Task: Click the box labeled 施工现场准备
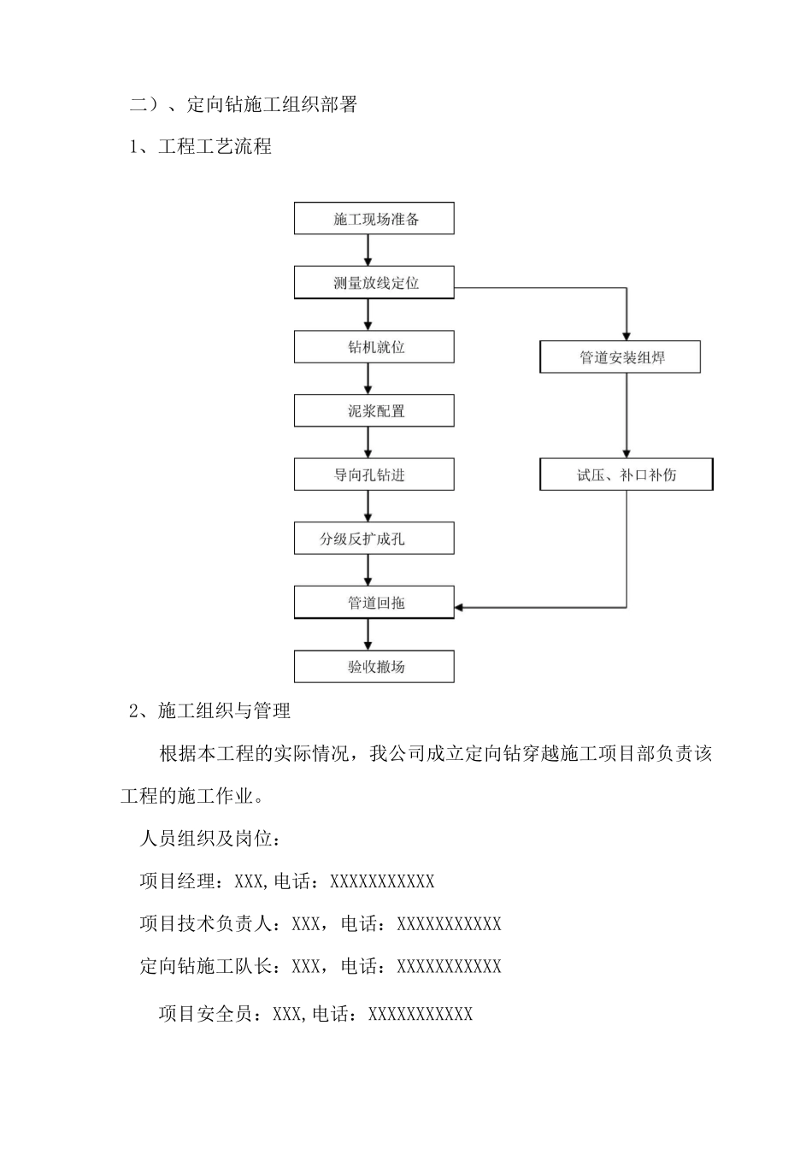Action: [x=374, y=219]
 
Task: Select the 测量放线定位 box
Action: [x=374, y=283]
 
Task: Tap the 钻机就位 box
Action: [x=374, y=347]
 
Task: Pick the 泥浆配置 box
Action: [x=374, y=411]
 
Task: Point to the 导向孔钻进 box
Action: [x=374, y=474]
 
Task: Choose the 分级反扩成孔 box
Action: [x=374, y=539]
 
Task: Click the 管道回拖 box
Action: [x=374, y=603]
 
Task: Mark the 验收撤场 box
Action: [x=374, y=667]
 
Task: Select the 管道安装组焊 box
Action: [x=621, y=357]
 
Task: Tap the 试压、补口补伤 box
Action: [x=627, y=474]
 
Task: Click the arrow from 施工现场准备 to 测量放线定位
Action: [x=368, y=250]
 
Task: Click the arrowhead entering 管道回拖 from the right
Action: [x=461, y=608]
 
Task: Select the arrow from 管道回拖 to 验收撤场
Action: [x=368, y=634]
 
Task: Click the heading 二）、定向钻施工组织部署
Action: [x=244, y=105]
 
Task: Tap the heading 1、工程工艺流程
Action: [x=201, y=147]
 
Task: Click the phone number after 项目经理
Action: [x=382, y=881]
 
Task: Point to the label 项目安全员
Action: [x=206, y=1015]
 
